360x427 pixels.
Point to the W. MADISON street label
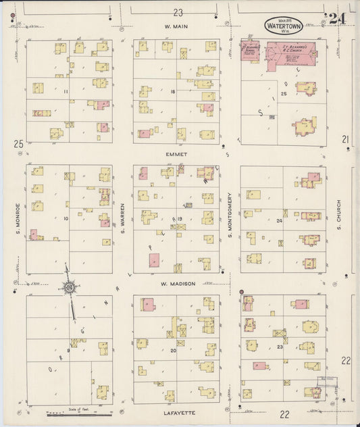pos(178,284)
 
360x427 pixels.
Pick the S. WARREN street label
pos(124,218)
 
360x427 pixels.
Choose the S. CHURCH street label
pos(338,216)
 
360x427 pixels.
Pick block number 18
pos(173,91)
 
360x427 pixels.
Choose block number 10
pos(66,218)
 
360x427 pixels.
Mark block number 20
pos(173,351)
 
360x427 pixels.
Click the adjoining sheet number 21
pos(345,139)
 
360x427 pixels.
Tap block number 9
pos(68,350)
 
